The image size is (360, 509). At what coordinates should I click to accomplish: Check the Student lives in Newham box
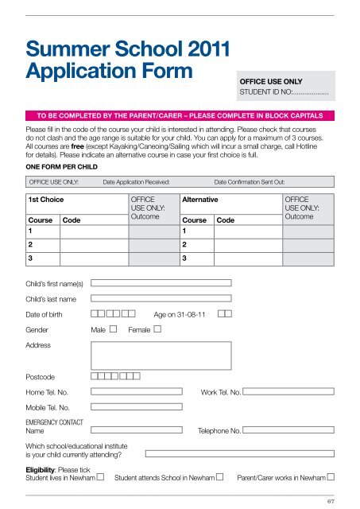101,477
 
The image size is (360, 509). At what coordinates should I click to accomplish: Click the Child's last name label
51,299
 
